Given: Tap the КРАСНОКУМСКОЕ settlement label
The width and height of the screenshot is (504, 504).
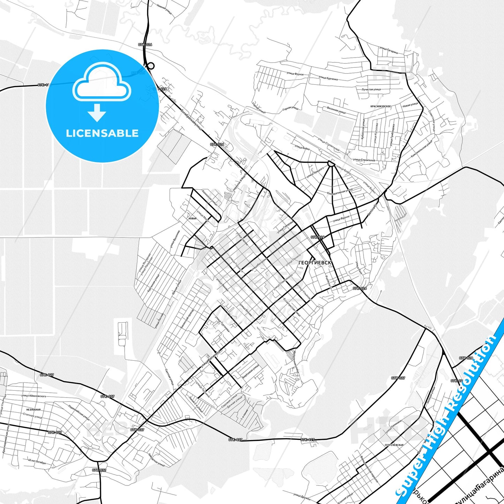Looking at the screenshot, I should click(381, 106).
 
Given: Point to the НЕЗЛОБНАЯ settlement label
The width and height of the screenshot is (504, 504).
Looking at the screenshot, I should click(33, 409).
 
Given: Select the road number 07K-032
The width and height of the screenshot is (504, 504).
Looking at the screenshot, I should click(99, 470).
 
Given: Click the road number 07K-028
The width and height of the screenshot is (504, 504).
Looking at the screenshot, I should click(466, 358).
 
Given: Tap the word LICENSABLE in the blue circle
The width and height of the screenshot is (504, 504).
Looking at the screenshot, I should click(102, 133).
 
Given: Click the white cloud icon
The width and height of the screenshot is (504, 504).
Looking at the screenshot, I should click(101, 82).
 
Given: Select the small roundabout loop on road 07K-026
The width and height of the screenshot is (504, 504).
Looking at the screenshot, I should click(150, 65).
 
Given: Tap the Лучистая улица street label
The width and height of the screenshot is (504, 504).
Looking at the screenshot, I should click(371, 89).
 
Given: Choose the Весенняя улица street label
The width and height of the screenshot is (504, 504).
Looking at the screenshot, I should click(336, 110).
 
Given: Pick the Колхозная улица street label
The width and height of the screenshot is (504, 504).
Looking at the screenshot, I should click(210, 198).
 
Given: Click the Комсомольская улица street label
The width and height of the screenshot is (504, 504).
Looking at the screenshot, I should click(421, 149).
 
